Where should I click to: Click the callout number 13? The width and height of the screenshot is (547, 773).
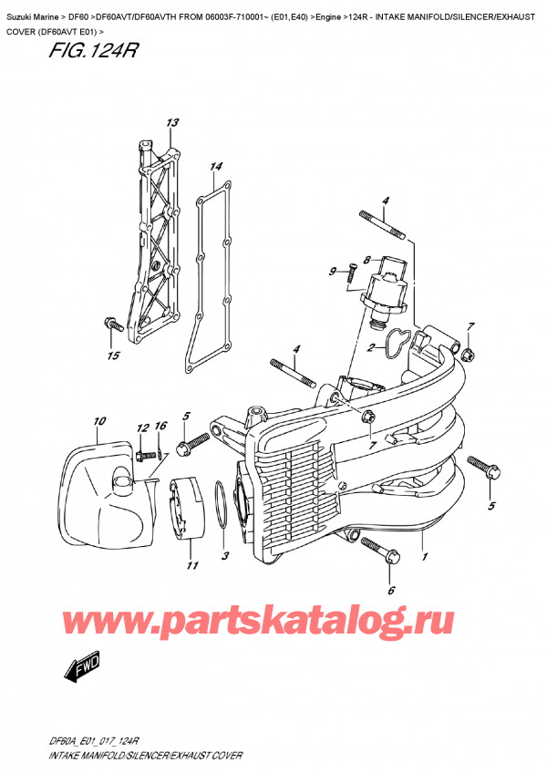(x=172, y=123)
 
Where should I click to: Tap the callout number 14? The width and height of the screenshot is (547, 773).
(x=215, y=167)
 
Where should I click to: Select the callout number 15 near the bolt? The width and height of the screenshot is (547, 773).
(x=114, y=356)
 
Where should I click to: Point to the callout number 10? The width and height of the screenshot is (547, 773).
(x=99, y=421)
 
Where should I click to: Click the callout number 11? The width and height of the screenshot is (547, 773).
(x=192, y=566)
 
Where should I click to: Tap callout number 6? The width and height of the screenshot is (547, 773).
(x=392, y=590)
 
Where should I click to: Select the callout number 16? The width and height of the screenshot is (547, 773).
(x=160, y=427)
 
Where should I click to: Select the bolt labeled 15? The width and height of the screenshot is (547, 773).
(x=110, y=323)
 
